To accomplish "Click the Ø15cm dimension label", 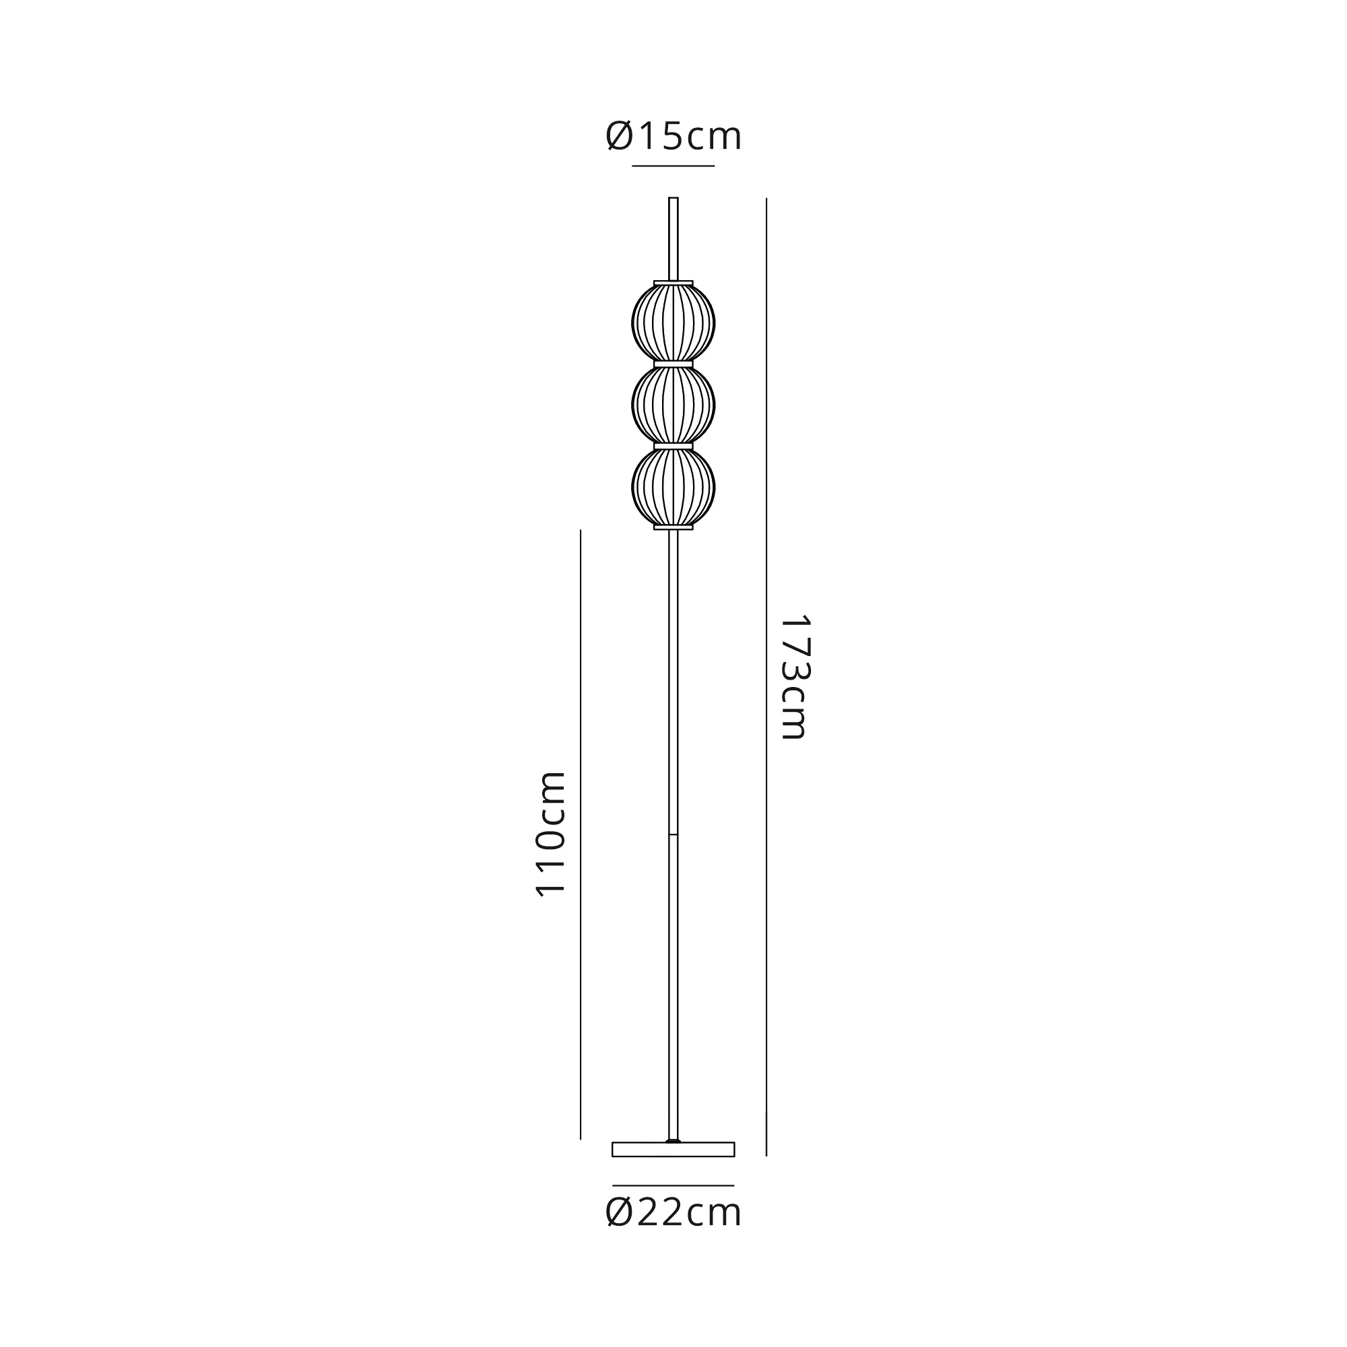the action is pos(673,136).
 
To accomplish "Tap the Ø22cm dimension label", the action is pos(673,1212).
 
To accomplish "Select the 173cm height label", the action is pos(794,677).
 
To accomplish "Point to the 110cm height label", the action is pos(550,833).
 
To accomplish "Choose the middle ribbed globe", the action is pos(673,404).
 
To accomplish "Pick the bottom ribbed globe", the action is pos(673,487).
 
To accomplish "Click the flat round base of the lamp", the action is pos(673,1150).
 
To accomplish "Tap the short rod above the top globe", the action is pos(673,238).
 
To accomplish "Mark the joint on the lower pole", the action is pos(673,834).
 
